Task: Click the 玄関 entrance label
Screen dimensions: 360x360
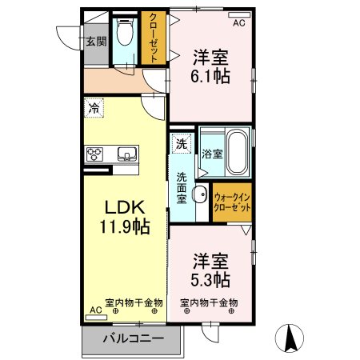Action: [96, 42]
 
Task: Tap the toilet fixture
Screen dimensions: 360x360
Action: [125, 36]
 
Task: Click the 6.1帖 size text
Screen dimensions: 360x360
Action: [210, 76]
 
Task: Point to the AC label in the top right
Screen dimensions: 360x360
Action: [238, 24]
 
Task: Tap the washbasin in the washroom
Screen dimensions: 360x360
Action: [199, 194]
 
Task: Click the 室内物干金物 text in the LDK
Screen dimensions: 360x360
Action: [134, 302]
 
